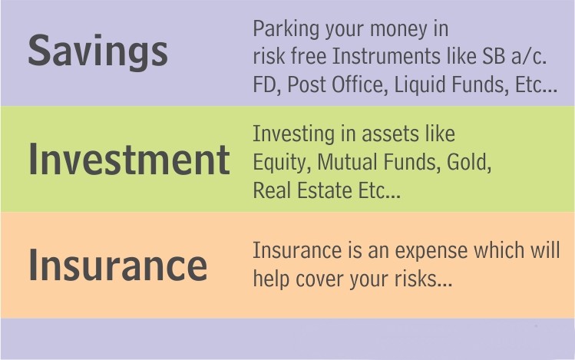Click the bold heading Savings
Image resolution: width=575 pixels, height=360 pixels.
coord(98,51)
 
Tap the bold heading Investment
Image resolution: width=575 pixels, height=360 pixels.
coord(130,160)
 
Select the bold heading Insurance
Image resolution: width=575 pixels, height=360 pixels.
coord(118,265)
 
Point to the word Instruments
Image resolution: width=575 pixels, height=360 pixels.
coord(386,56)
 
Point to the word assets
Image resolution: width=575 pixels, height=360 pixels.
coord(391,134)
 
